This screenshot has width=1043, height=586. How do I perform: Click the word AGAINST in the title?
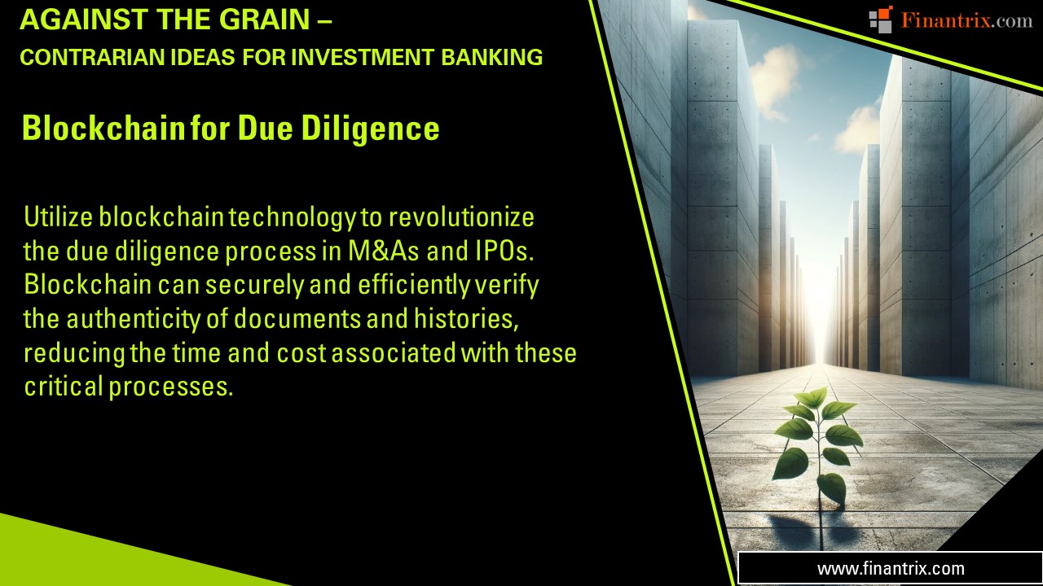coord(72,20)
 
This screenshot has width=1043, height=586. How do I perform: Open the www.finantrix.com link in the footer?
coord(891,569)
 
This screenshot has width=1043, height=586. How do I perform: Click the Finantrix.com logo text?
coord(966,21)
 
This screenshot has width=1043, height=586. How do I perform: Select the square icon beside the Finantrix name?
coord(880,20)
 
